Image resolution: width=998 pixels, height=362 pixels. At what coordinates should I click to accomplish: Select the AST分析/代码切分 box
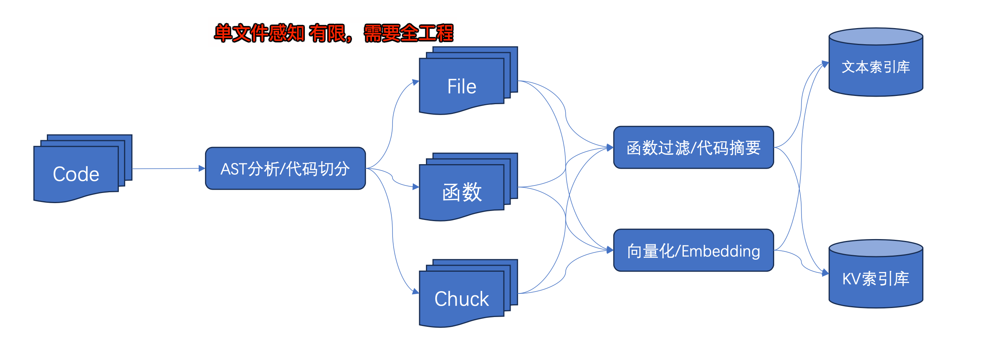(285, 168)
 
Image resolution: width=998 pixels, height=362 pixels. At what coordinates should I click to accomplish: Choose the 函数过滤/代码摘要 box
(693, 148)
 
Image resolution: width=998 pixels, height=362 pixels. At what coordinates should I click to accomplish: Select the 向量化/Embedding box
(693, 250)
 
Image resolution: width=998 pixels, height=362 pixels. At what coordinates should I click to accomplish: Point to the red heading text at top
(333, 33)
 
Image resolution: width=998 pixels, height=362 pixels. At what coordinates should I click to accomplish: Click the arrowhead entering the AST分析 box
(202, 168)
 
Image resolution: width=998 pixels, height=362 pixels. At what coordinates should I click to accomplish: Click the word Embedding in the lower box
(721, 251)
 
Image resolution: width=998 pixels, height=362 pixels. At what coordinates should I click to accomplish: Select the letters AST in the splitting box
(233, 169)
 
